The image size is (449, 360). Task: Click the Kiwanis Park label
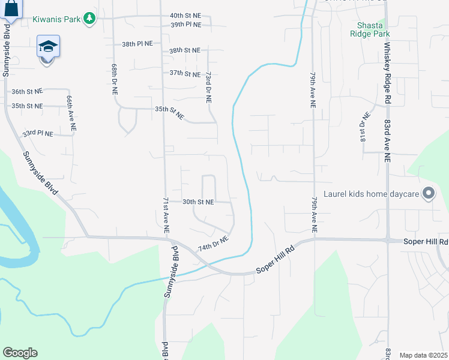(58, 19)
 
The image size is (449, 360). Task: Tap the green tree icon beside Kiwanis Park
(89, 19)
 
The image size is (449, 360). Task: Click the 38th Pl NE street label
(137, 44)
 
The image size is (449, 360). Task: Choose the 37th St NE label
(185, 74)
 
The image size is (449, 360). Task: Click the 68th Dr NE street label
(113, 79)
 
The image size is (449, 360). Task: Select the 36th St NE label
(28, 92)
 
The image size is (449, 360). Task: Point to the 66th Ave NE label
(70, 113)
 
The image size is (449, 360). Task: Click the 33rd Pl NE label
(38, 133)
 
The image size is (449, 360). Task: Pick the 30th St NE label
(198, 202)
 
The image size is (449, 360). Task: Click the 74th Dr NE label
(214, 243)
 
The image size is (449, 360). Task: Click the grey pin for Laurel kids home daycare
(428, 194)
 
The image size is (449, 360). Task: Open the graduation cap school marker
(49, 47)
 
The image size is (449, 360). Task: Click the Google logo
(20, 353)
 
